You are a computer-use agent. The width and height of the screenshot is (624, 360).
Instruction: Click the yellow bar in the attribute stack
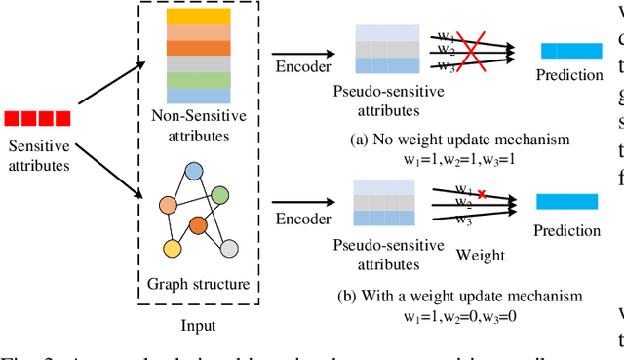click(197, 17)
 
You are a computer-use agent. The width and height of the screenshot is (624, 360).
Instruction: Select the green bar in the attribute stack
click(197, 80)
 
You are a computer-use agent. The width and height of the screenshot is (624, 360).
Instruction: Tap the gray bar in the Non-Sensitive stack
click(197, 64)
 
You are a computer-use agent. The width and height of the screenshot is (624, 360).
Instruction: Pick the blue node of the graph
click(194, 172)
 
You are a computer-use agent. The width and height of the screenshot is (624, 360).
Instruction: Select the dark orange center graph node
click(199, 224)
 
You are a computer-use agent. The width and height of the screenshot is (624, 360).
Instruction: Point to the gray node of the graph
click(229, 248)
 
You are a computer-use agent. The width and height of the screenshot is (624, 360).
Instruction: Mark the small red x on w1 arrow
click(479, 168)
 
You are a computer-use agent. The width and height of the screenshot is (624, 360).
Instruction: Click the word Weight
click(481, 256)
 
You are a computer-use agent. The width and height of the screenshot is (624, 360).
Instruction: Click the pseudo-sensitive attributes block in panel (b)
click(385, 203)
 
